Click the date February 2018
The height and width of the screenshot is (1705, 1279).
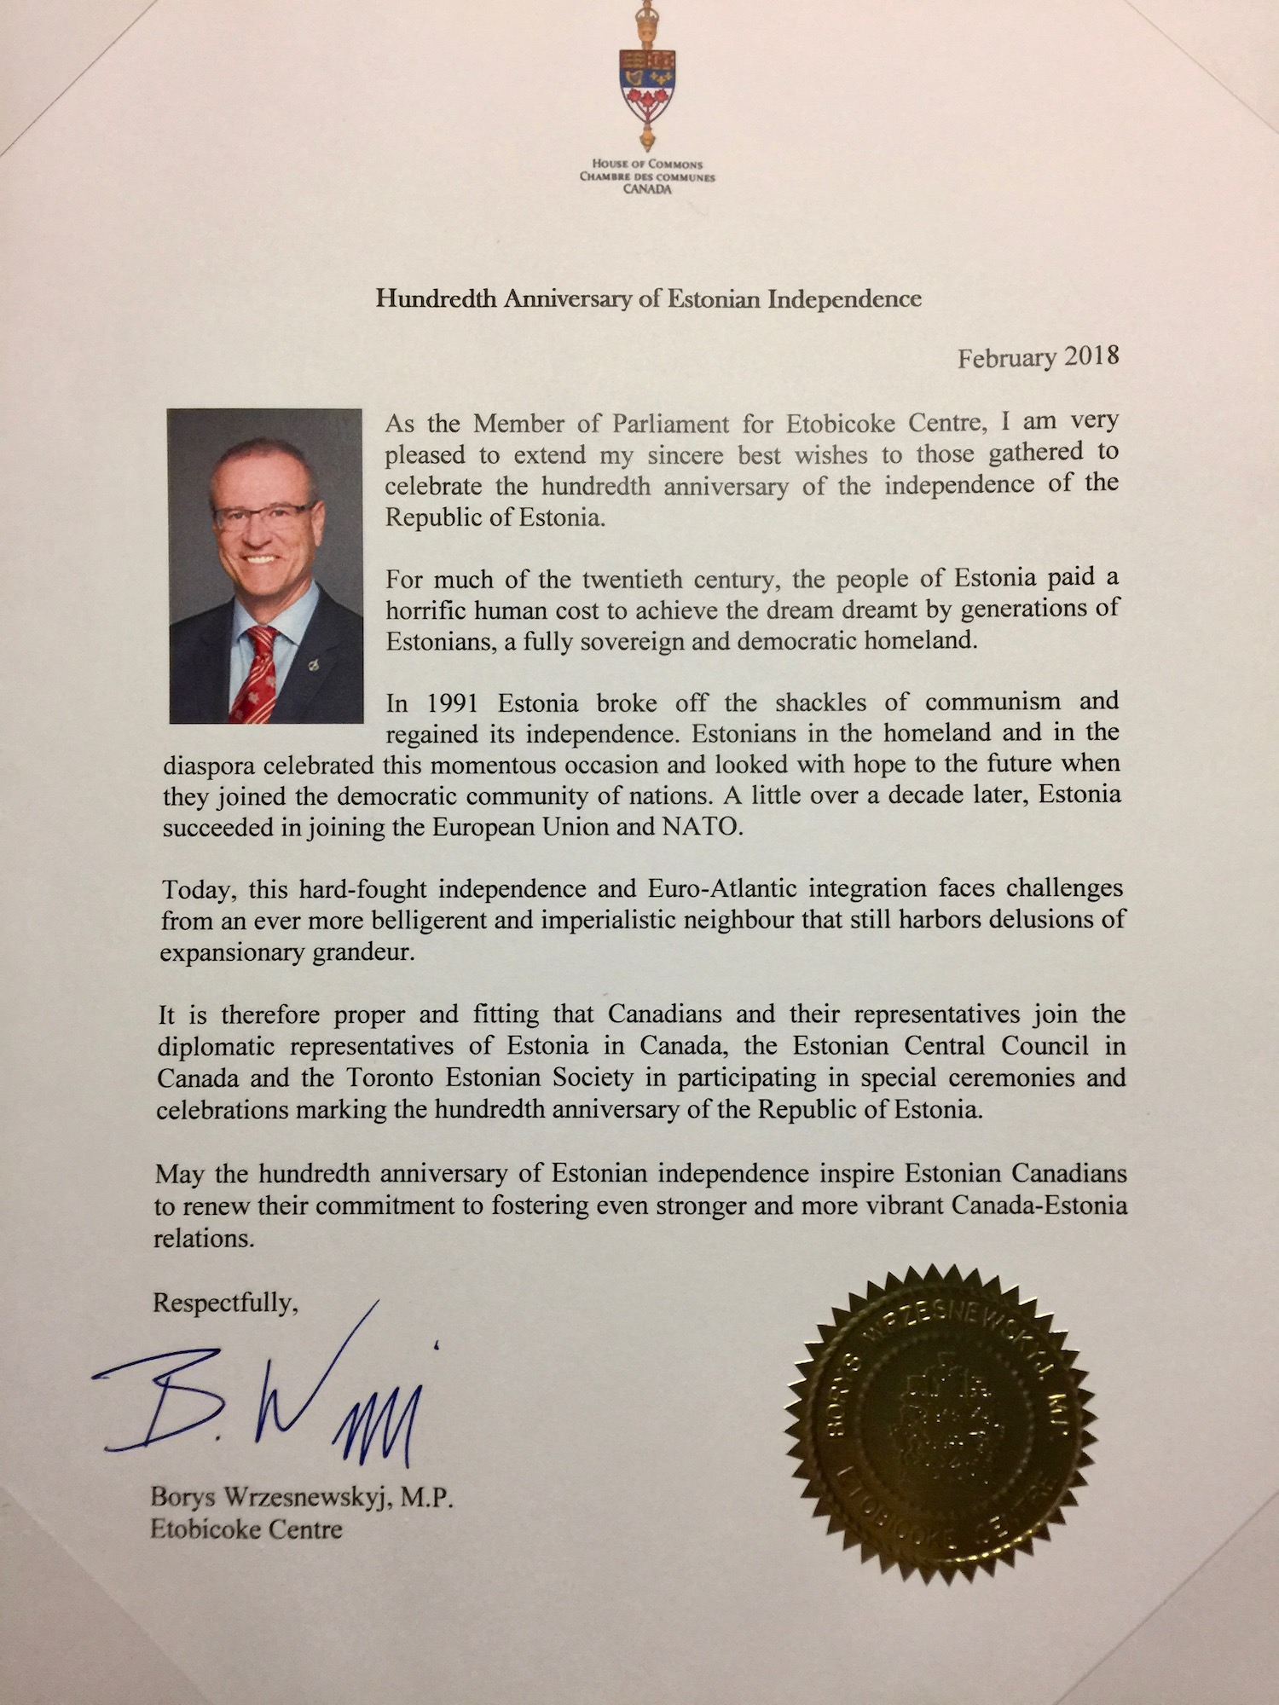click(1037, 357)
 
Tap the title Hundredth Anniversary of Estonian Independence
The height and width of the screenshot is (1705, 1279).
click(648, 298)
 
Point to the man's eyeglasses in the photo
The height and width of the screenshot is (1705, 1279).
click(263, 514)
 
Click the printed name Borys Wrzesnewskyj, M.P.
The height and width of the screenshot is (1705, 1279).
click(301, 1498)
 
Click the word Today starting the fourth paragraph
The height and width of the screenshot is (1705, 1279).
click(198, 890)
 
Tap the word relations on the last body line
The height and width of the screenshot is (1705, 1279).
click(204, 1239)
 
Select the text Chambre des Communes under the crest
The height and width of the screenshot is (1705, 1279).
click(647, 177)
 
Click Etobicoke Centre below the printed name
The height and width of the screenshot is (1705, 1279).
click(246, 1529)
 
